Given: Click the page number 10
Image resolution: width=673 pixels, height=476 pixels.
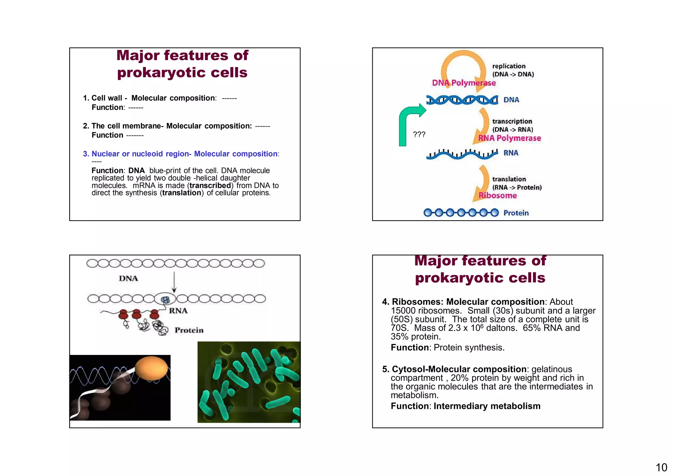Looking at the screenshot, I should point(661,467).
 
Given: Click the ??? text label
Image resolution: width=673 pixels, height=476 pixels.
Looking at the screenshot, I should point(419,134).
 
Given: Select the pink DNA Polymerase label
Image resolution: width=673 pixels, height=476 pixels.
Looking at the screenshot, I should point(464,83).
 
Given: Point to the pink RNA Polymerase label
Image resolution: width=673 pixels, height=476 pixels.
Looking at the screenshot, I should point(509,138).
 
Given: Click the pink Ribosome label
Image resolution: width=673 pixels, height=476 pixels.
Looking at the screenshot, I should point(498,196).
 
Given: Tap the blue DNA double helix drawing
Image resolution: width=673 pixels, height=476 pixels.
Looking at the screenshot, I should point(462,100).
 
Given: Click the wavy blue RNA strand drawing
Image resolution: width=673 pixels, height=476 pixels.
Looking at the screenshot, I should point(462,154).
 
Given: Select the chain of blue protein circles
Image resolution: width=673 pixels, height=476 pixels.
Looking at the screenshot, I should point(461,213).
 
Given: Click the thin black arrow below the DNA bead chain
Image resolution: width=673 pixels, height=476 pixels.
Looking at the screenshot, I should point(174,282).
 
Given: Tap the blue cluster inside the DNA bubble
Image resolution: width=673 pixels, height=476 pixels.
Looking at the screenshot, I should point(165,299).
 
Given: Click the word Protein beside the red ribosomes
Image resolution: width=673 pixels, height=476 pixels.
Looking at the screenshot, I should point(189,330).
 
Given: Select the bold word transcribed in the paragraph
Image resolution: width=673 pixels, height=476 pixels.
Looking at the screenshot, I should point(210,186).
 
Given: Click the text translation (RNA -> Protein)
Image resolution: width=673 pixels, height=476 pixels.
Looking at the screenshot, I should point(517,183).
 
